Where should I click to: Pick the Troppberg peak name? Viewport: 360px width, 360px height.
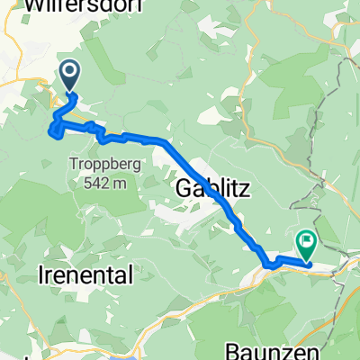point(98,163)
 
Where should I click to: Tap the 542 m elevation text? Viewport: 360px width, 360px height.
point(98,178)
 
